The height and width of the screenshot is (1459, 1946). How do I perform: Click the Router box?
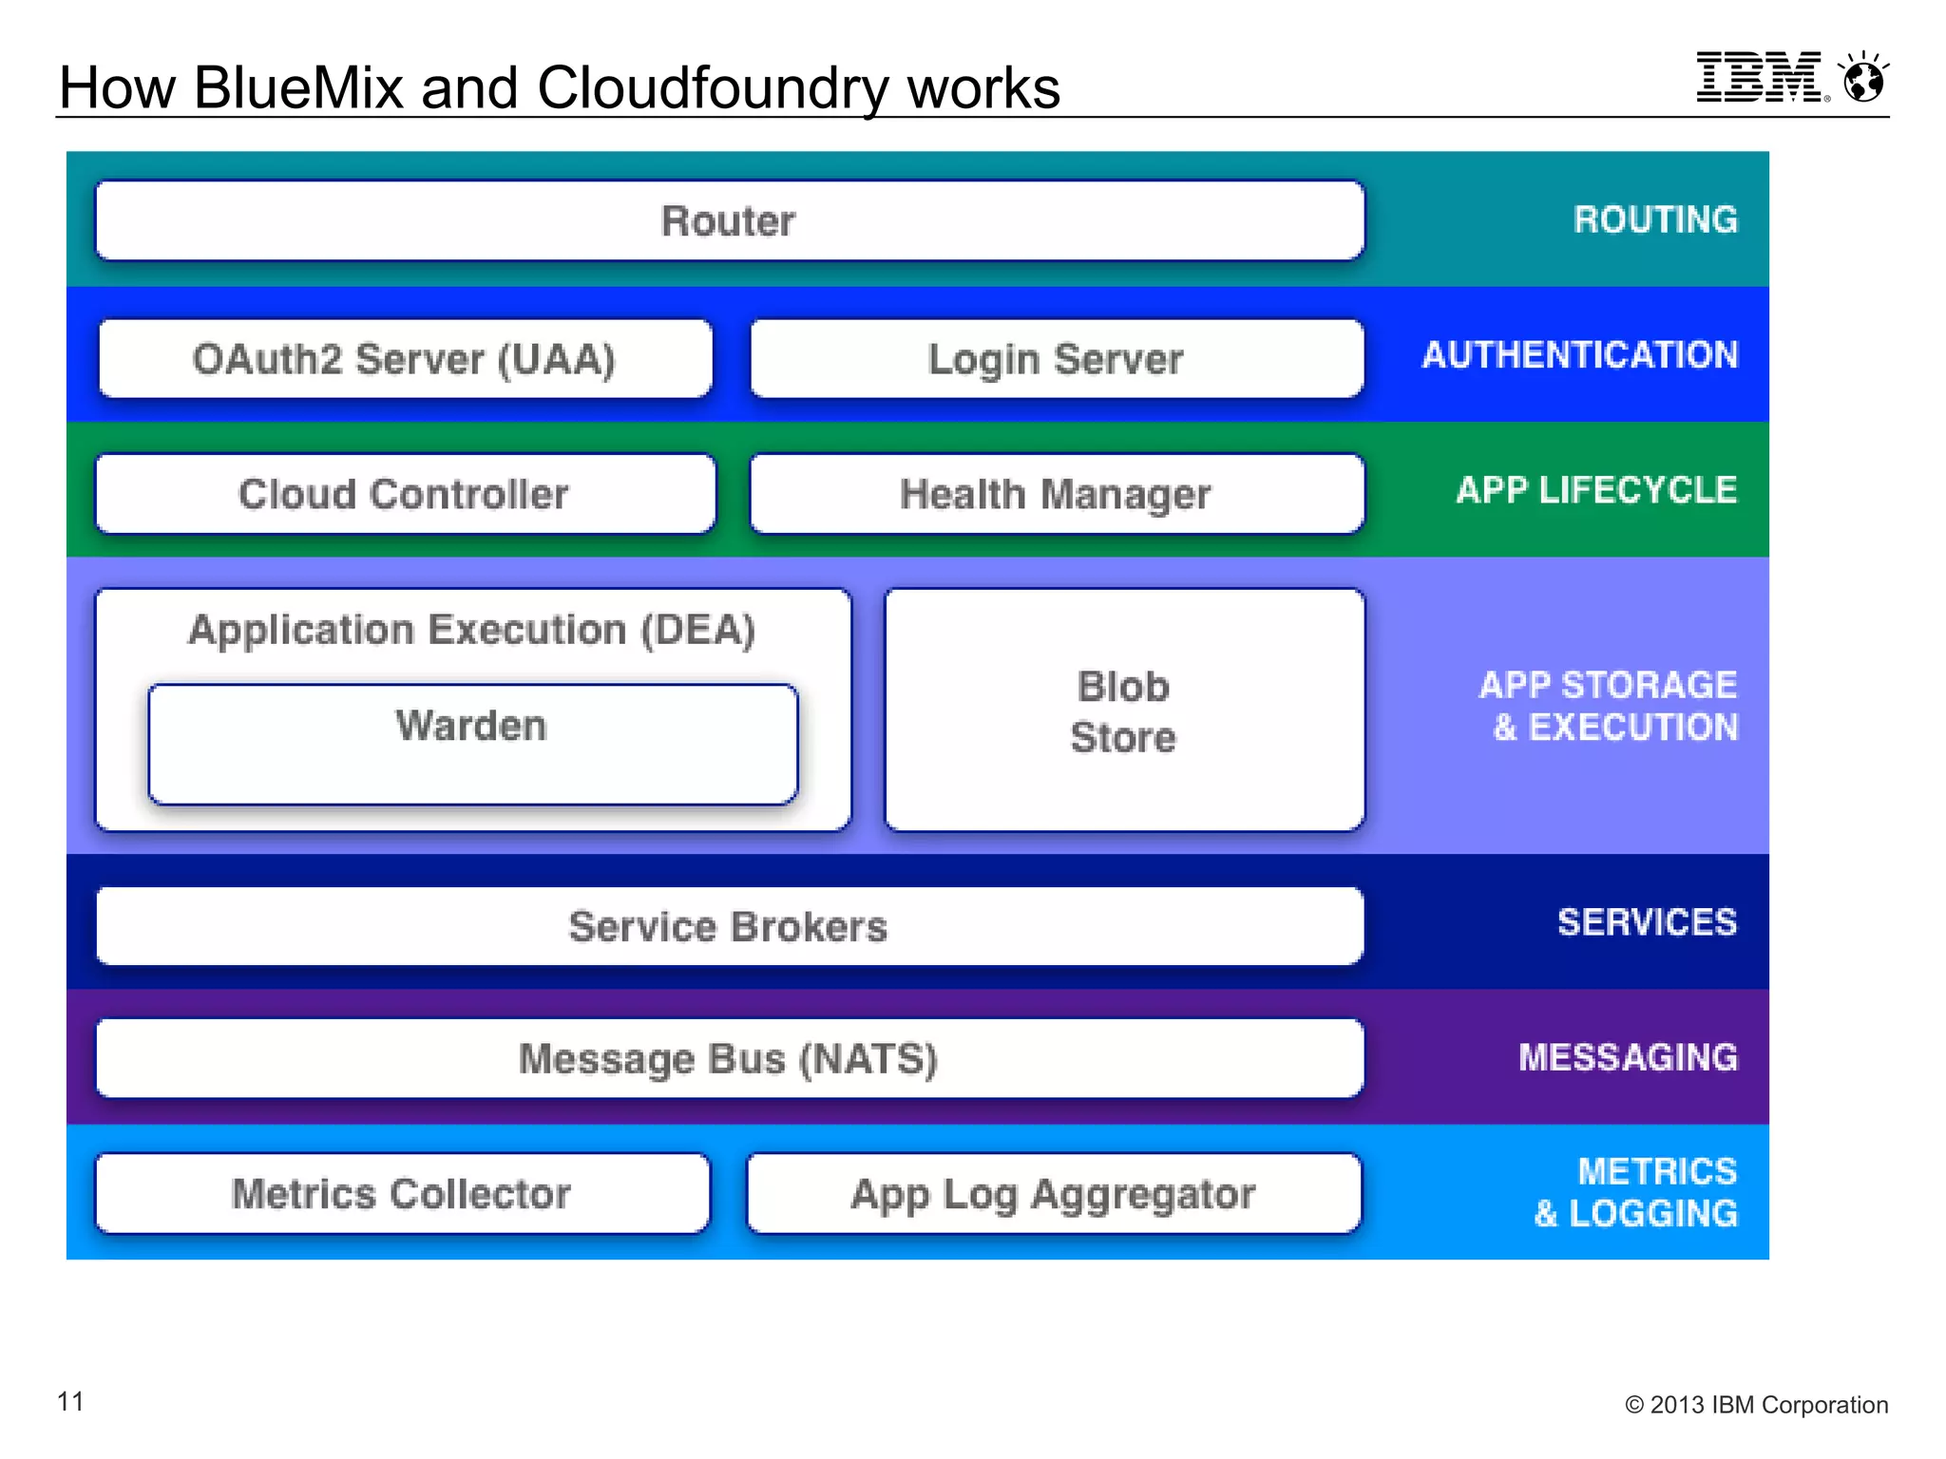click(x=729, y=220)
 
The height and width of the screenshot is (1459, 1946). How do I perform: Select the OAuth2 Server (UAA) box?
click(x=405, y=359)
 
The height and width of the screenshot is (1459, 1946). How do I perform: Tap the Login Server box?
click(x=1056, y=359)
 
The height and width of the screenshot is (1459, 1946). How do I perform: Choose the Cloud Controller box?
click(x=405, y=494)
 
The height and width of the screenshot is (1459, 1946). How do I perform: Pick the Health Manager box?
click(x=1056, y=494)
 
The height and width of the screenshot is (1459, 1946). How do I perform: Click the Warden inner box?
click(x=472, y=744)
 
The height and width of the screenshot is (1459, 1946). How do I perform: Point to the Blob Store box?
click(x=1123, y=711)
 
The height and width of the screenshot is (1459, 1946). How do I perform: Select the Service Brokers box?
click(x=729, y=926)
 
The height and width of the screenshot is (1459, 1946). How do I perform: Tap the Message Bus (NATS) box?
click(x=729, y=1058)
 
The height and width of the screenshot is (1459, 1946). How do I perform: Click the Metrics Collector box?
click(x=402, y=1194)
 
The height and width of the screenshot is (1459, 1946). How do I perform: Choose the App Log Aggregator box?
click(x=1053, y=1194)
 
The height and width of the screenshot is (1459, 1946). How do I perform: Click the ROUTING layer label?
click(x=1655, y=219)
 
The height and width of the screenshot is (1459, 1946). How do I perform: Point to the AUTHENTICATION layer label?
click(x=1580, y=355)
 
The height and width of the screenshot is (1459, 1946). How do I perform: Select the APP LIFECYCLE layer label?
click(x=1596, y=490)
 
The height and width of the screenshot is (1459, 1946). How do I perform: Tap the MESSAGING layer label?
click(x=1628, y=1057)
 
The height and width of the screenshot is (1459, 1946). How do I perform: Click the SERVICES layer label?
click(x=1647, y=922)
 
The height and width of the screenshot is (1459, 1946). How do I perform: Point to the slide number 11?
click(x=71, y=1401)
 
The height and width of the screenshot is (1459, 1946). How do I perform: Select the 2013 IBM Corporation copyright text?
click(x=1756, y=1405)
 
